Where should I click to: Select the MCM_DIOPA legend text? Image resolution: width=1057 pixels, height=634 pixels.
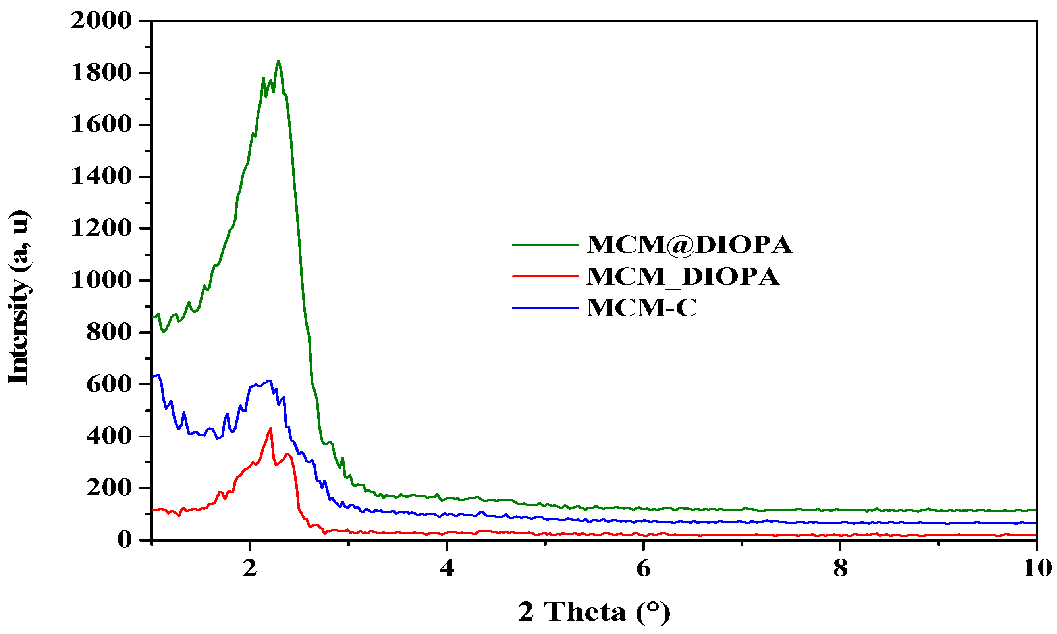click(683, 276)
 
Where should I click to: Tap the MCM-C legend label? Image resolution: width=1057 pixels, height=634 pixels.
click(641, 308)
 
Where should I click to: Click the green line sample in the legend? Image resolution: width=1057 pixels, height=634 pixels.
click(545, 245)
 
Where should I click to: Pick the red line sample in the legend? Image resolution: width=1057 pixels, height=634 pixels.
click(545, 276)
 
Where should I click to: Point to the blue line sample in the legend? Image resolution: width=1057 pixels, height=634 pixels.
click(545, 308)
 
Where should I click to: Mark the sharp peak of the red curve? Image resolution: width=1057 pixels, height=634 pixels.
click(270, 428)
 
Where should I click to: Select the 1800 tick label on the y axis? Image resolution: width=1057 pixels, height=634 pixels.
click(101, 73)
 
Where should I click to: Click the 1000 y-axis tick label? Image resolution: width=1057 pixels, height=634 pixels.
click(101, 281)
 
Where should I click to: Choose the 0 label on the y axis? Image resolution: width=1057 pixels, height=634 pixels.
click(125, 540)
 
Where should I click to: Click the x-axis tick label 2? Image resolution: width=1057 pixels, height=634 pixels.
click(250, 568)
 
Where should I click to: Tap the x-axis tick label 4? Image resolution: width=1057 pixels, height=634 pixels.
click(447, 568)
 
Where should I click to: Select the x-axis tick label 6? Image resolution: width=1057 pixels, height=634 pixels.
click(643, 568)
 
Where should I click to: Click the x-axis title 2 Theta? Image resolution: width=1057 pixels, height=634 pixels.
click(594, 612)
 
